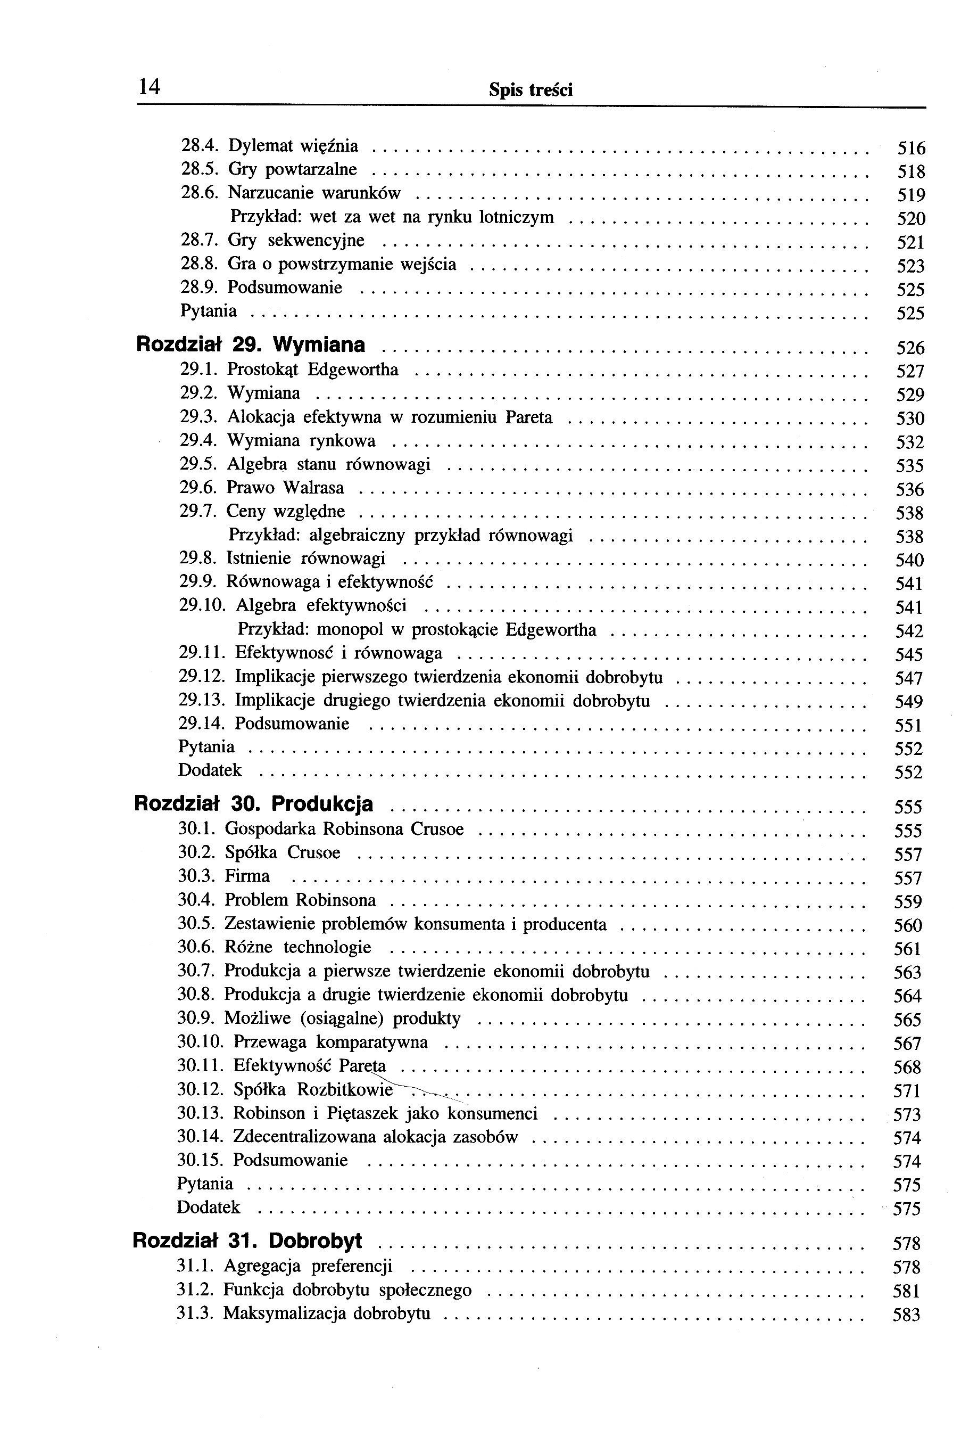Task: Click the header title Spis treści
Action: pos(531,91)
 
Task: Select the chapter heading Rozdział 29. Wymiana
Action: pos(250,345)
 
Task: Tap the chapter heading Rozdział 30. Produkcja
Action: pos(253,804)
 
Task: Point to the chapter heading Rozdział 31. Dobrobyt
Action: pos(247,1241)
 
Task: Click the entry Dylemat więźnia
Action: pos(293,146)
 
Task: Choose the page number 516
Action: pos(911,149)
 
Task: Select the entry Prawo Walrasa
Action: pos(285,488)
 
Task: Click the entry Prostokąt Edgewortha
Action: pos(312,369)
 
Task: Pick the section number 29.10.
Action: pos(202,606)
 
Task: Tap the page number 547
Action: pos(908,679)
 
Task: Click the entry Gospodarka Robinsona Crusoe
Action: pos(344,830)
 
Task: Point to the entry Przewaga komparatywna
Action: pos(330,1042)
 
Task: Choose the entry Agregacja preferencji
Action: pos(308,1266)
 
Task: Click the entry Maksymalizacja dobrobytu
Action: pos(326,1313)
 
